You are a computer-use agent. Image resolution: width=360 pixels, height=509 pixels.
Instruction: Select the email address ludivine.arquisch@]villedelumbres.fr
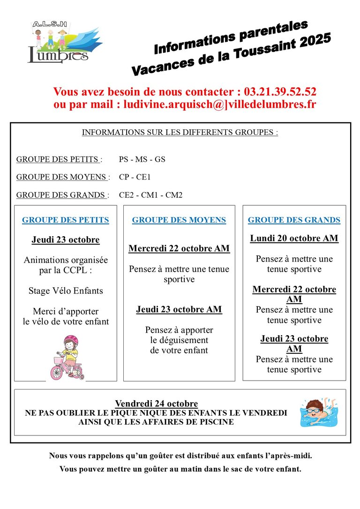click(220, 104)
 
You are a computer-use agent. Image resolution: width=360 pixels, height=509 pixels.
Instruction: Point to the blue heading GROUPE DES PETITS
click(66, 220)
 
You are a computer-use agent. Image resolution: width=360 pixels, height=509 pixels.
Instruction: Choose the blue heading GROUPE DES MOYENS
click(179, 220)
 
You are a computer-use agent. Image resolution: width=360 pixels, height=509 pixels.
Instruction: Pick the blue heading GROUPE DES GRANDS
click(294, 220)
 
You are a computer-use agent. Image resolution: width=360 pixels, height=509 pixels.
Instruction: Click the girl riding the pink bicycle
click(67, 357)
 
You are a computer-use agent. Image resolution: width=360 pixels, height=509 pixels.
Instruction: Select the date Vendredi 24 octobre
click(157, 404)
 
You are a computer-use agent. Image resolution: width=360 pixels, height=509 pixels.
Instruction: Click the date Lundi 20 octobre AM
click(294, 238)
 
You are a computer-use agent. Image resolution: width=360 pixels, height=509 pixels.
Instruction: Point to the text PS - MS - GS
click(142, 159)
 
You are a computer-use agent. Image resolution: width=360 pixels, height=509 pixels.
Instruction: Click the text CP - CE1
click(135, 177)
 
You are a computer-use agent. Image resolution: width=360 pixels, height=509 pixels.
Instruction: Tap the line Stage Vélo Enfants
click(66, 291)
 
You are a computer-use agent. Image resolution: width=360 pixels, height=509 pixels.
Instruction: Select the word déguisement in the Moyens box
click(179, 340)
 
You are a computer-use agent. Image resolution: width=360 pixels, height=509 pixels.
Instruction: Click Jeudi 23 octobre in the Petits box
click(66, 240)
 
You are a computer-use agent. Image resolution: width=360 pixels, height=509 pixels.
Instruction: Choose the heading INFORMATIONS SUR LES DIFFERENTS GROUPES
click(180, 132)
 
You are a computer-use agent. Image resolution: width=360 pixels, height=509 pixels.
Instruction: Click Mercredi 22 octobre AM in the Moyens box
click(179, 248)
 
